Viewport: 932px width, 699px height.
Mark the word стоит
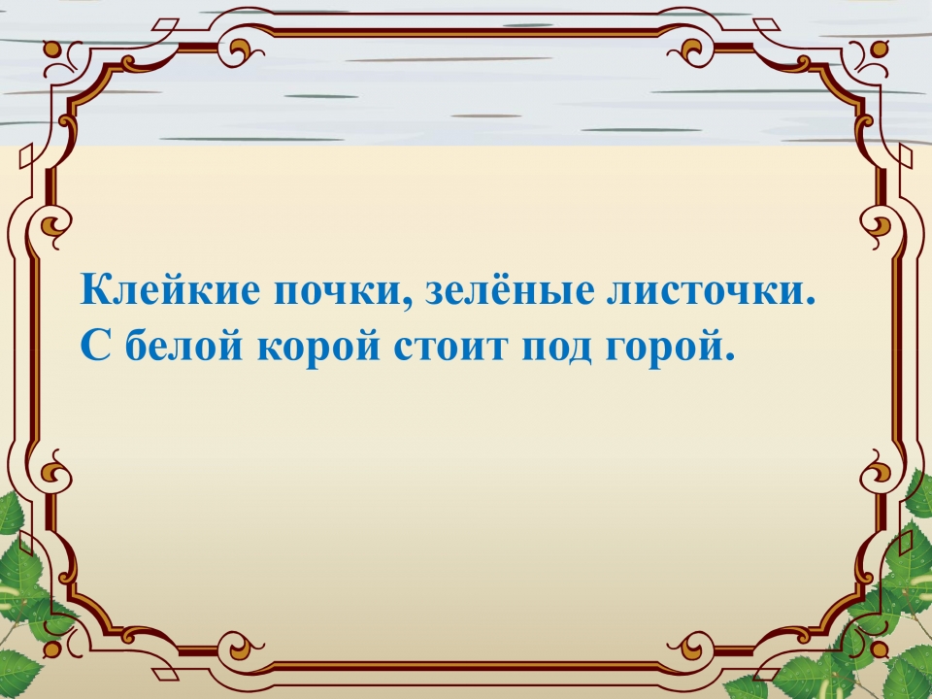point(451,349)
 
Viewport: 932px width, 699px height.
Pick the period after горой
point(730,355)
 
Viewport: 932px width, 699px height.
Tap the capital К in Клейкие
point(95,289)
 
